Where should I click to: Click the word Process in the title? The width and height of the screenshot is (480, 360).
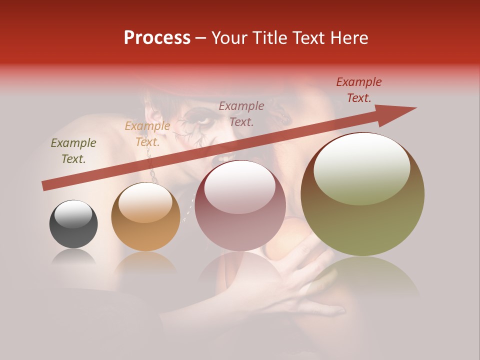click(157, 38)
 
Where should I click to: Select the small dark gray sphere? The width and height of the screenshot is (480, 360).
click(73, 224)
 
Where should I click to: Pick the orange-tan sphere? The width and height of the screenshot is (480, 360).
click(145, 217)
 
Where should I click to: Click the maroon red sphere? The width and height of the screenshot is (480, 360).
click(240, 206)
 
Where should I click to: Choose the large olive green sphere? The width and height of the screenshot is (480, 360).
click(362, 194)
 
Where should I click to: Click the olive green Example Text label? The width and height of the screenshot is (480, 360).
click(73, 151)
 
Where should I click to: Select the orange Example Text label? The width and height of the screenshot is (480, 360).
click(147, 134)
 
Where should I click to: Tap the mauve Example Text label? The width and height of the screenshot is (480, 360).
click(241, 113)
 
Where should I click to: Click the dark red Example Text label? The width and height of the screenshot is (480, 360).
click(358, 90)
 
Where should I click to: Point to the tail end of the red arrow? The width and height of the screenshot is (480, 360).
click(44, 186)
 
